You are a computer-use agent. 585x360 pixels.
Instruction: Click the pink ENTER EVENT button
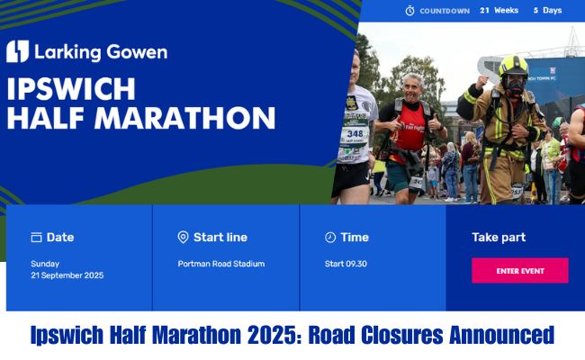519,271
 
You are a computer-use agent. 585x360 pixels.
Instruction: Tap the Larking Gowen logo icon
17,51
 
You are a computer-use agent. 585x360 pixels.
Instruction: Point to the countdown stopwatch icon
409,11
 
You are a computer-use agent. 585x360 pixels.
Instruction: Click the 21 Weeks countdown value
499,11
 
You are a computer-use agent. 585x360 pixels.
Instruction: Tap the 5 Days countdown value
546,11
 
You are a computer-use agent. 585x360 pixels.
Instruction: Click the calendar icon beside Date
36,238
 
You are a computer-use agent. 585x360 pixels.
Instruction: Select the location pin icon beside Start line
183,238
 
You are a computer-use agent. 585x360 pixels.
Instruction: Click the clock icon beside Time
329,238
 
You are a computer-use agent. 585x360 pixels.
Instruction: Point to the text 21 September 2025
67,275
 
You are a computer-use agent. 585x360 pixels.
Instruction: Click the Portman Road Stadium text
220,264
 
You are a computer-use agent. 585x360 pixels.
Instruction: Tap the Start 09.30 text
346,264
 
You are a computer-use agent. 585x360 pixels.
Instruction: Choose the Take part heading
499,238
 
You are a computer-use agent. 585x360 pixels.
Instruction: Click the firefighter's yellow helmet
513,67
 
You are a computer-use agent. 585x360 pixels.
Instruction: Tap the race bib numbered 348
355,134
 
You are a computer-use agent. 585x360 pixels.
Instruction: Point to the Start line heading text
220,238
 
